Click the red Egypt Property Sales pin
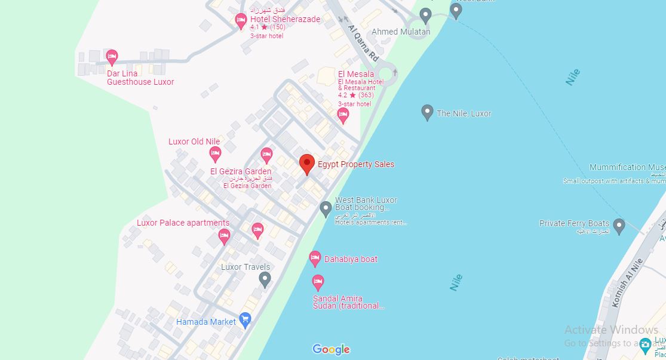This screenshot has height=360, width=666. [x=306, y=163]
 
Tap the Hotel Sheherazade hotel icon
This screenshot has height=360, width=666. [x=241, y=21]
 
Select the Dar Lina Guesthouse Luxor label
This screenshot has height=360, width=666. [x=140, y=78]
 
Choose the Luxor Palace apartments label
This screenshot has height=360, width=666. [x=183, y=223]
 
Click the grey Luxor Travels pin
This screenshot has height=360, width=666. [x=265, y=278]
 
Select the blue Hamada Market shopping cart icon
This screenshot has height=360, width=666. [x=244, y=319]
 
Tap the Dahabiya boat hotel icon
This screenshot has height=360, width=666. [x=315, y=259]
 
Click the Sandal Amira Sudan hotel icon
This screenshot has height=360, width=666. [x=318, y=281]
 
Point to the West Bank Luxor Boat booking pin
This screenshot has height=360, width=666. [x=326, y=208]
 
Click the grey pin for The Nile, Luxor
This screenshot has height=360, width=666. [x=426, y=112]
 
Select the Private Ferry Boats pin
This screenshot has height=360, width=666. [x=619, y=226]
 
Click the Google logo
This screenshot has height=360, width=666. [x=331, y=349]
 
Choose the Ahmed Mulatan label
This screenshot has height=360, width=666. [x=401, y=32]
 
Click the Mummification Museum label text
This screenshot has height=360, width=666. [x=627, y=167]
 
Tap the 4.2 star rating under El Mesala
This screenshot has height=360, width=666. [x=355, y=95]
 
